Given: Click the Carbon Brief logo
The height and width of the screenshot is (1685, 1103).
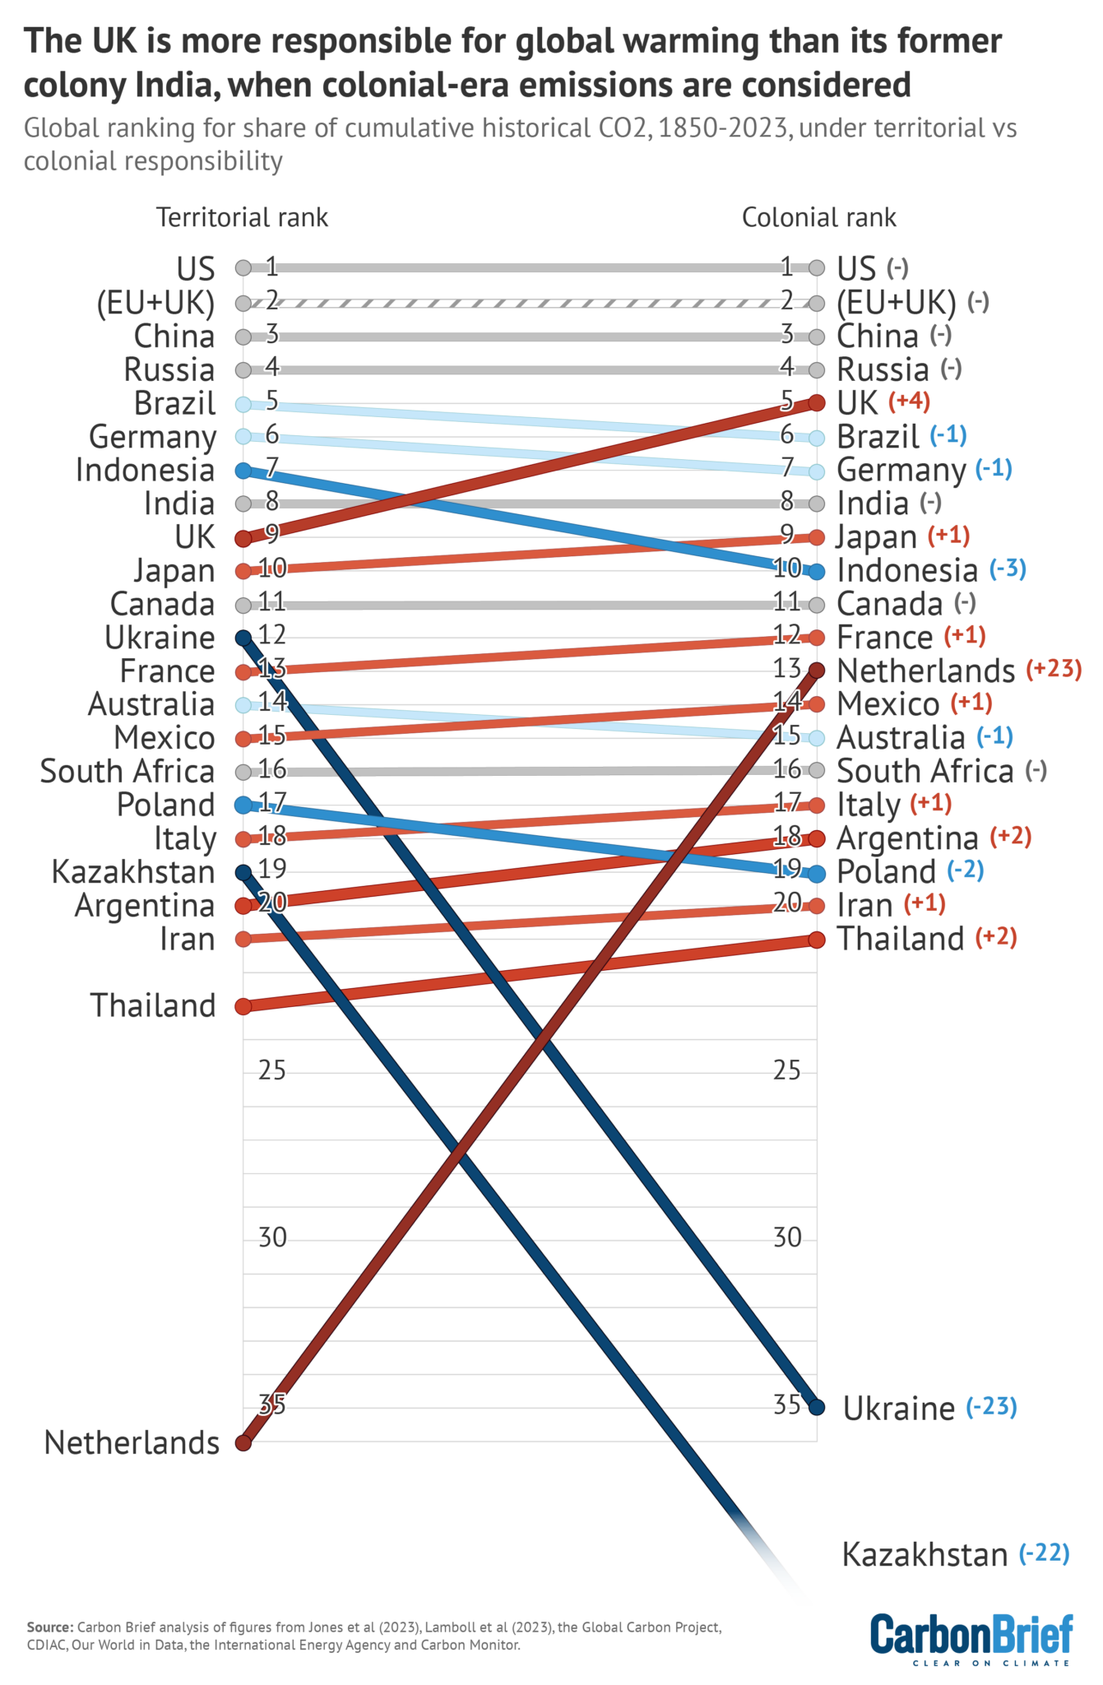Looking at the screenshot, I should (x=971, y=1638).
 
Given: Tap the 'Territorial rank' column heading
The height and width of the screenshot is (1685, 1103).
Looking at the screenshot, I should (x=242, y=217).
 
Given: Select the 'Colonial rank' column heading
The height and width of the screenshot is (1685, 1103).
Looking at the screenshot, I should (x=818, y=217).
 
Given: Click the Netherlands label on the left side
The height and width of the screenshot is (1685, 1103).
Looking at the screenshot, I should (x=132, y=1442).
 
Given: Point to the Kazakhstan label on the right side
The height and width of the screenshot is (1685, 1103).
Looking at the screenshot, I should (x=925, y=1555).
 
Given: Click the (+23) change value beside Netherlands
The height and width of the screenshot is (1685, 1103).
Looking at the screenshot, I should (x=1053, y=669).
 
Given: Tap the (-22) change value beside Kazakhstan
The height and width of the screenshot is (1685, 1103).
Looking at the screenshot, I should (x=1044, y=1553).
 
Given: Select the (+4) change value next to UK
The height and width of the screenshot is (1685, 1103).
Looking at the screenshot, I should (x=909, y=402).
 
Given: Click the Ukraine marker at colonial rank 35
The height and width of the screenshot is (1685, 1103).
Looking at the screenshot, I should (x=816, y=1407).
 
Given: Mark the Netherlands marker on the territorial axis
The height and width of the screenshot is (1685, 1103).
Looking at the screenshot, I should (x=243, y=1443).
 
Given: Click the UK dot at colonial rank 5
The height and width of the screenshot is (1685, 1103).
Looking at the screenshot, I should (x=816, y=402).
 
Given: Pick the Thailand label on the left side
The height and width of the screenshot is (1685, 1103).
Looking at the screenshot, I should (x=153, y=1005).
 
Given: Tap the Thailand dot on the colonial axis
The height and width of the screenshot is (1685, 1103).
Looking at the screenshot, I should (x=816, y=940).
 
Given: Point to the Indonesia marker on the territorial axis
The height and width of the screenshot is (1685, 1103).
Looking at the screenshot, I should (x=243, y=471).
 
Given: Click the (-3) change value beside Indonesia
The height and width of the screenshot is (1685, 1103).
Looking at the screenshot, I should (x=1007, y=569).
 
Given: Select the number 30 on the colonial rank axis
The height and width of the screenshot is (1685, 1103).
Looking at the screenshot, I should (x=787, y=1237).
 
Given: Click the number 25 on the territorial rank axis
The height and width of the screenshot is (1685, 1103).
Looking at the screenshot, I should (x=272, y=1070).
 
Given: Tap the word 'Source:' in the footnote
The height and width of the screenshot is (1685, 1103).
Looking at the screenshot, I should (x=50, y=1627).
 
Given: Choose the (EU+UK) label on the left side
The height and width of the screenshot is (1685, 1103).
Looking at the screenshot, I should (x=155, y=304).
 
